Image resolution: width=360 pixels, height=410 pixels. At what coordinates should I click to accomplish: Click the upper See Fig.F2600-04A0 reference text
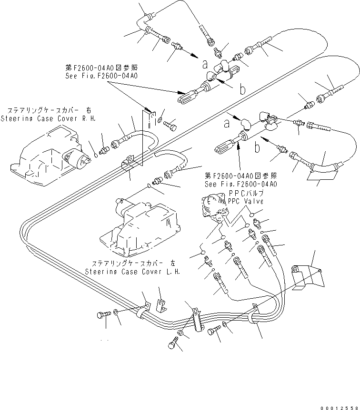click(101, 76)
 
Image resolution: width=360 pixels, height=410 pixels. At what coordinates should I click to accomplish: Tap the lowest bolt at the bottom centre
click(173, 344)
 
